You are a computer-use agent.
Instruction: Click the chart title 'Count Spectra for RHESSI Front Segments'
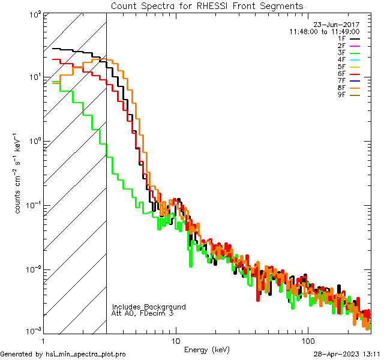click(x=207, y=5)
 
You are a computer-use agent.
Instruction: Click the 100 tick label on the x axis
click(x=308, y=341)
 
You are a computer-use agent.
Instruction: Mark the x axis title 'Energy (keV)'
click(x=207, y=349)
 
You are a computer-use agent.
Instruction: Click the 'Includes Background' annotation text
click(x=149, y=307)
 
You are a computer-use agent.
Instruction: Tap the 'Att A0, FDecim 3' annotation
click(x=143, y=313)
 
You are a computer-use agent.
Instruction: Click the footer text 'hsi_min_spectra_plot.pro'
click(x=86, y=354)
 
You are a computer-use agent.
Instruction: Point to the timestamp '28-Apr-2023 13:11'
click(x=347, y=354)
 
